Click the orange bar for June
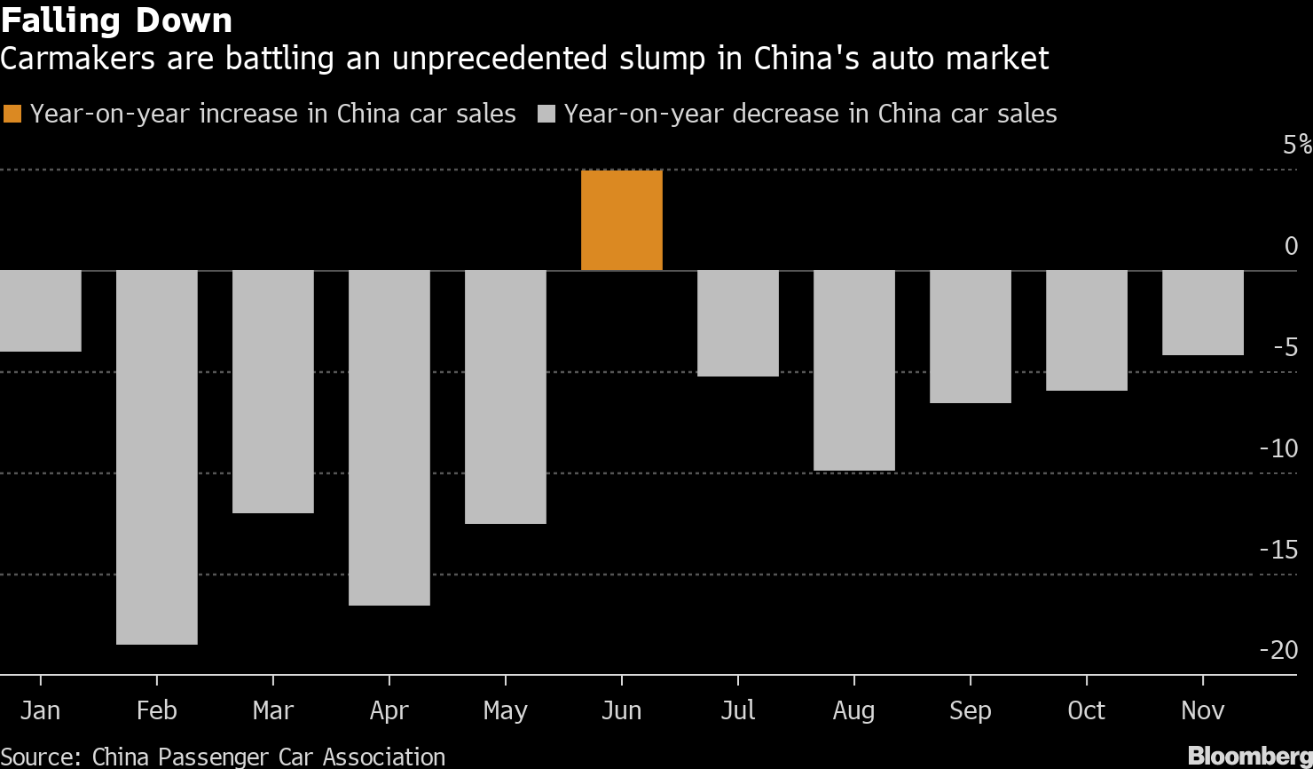621,220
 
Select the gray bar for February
157,456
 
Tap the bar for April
389,437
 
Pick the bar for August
853,369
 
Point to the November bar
1202,313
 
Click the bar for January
40,311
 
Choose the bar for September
970,337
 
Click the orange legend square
13,114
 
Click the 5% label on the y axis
1296,145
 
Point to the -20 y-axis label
1278,650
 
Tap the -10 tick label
1278,448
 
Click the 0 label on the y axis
1291,246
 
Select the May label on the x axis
505,711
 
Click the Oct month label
1086,710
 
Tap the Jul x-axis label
737,710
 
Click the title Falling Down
116,20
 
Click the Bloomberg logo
1249,756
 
